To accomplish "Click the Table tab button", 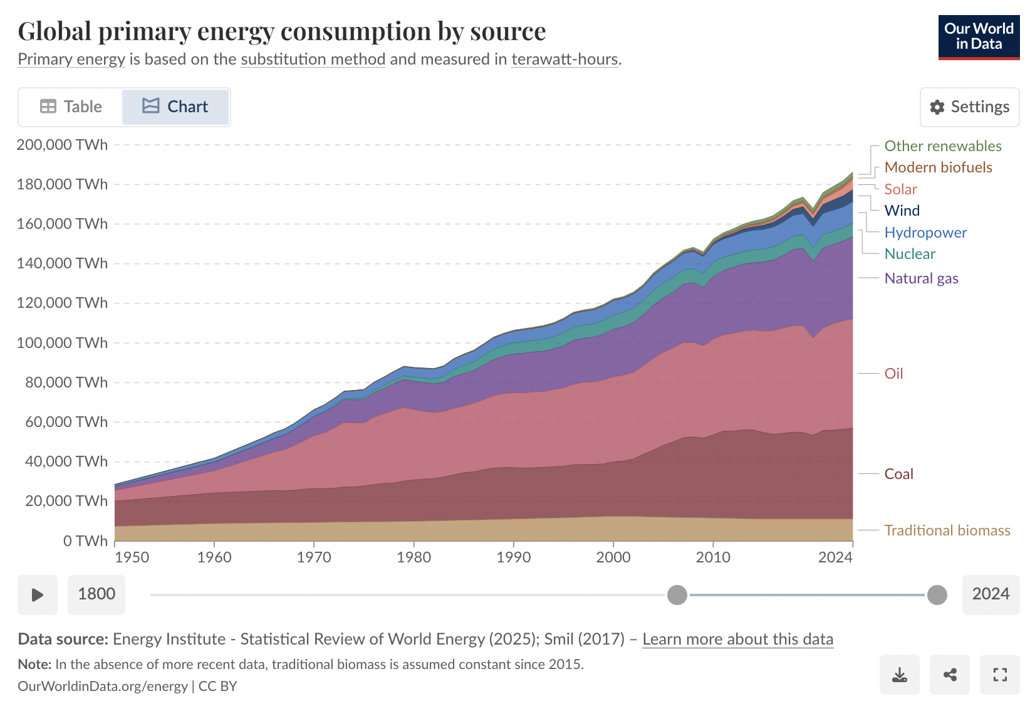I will pyautogui.click(x=71, y=107).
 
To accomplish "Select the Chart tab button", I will pyautogui.click(x=175, y=107).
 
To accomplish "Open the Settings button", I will pyautogui.click(x=969, y=107).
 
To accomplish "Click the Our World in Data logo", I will pyautogui.click(x=979, y=37).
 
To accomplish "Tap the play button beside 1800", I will pyautogui.click(x=38, y=594).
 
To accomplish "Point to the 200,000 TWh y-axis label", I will pyautogui.click(x=62, y=145).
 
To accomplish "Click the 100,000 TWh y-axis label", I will pyautogui.click(x=62, y=343).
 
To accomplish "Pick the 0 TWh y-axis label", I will pyautogui.click(x=85, y=540).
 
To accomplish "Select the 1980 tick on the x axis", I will pyautogui.click(x=414, y=557).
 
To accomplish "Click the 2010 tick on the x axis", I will pyautogui.click(x=713, y=557).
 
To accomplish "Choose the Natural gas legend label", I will pyautogui.click(x=921, y=278).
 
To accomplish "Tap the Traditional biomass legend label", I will pyautogui.click(x=947, y=530).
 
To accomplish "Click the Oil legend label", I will pyautogui.click(x=893, y=374).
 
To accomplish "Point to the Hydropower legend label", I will pyautogui.click(x=925, y=233).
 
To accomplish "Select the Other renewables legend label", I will pyautogui.click(x=942, y=146).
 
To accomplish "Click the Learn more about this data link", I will pyautogui.click(x=737, y=639).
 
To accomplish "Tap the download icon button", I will pyautogui.click(x=899, y=675).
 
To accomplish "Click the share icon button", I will pyautogui.click(x=950, y=675).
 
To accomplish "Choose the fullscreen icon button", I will pyautogui.click(x=1000, y=675).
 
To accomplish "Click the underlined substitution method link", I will pyautogui.click(x=313, y=60).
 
